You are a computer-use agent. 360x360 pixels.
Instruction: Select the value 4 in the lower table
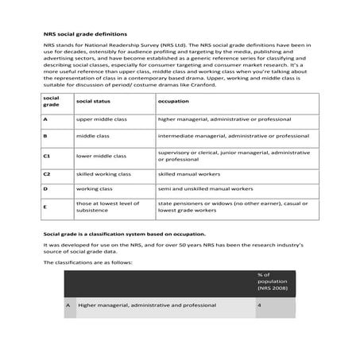[259, 304]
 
